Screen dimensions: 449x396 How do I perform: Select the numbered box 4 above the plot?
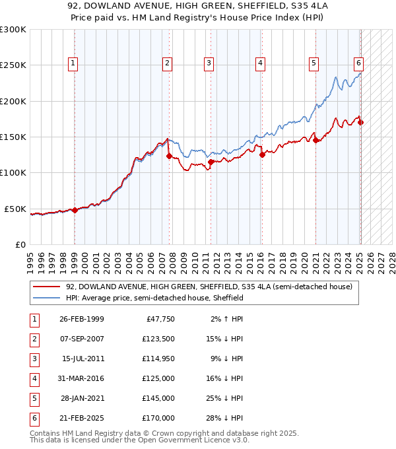261,63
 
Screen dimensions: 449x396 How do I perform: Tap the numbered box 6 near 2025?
358,63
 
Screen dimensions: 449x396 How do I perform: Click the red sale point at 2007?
169,156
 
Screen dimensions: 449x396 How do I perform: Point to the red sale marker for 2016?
262,155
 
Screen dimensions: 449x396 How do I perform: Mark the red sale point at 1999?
75,210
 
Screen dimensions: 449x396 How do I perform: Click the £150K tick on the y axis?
13,137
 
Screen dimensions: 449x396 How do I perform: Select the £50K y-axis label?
15,209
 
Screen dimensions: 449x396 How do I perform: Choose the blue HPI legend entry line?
48,298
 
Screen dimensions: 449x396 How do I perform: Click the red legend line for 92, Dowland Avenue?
48,287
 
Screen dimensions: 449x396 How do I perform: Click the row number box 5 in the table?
32,399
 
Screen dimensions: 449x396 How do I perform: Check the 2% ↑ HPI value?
226,319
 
